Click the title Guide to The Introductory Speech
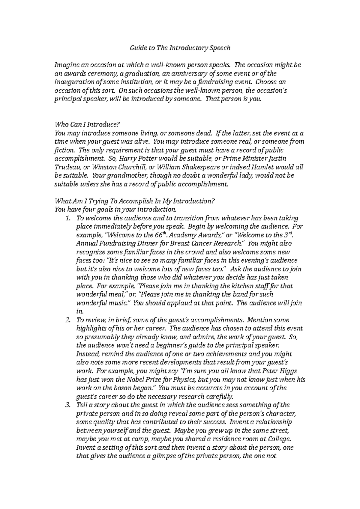180,48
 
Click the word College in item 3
280,439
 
